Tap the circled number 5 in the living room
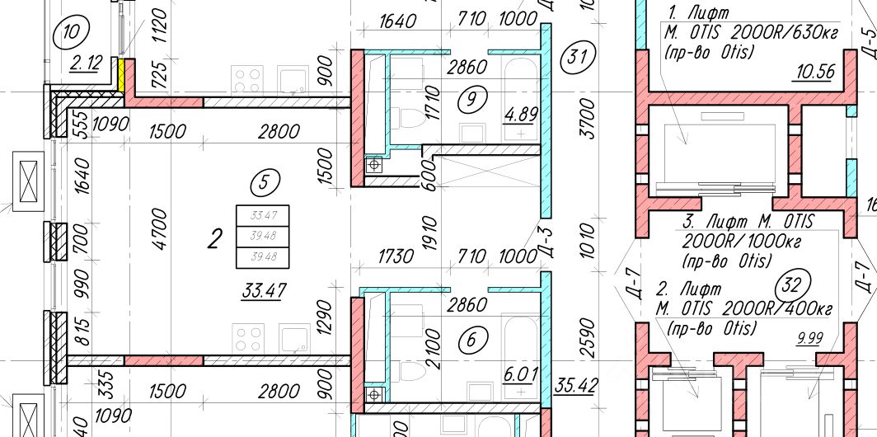point(263,183)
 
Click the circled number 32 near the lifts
point(792,286)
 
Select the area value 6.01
point(521,374)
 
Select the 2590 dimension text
point(586,336)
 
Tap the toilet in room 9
point(409,119)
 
